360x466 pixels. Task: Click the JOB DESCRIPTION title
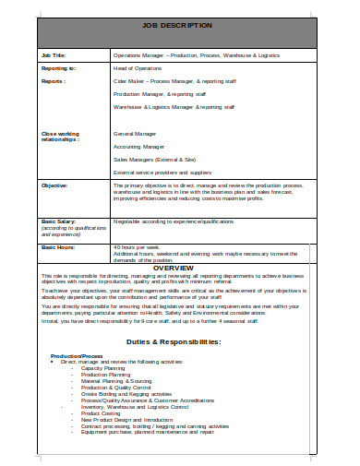coord(179,25)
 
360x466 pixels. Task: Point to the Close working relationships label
coord(63,137)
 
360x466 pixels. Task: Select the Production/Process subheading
coord(77,355)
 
